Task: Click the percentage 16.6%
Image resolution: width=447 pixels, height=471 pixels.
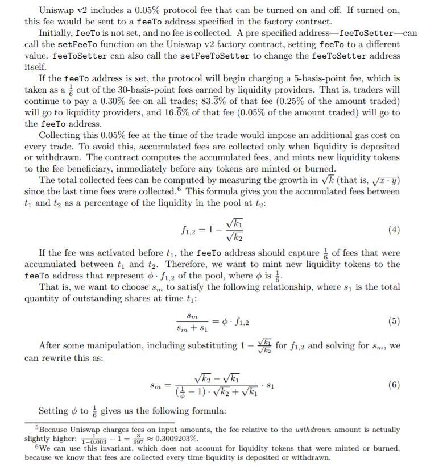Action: click(158, 112)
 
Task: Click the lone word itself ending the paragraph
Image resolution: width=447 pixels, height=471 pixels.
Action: click(35, 67)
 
